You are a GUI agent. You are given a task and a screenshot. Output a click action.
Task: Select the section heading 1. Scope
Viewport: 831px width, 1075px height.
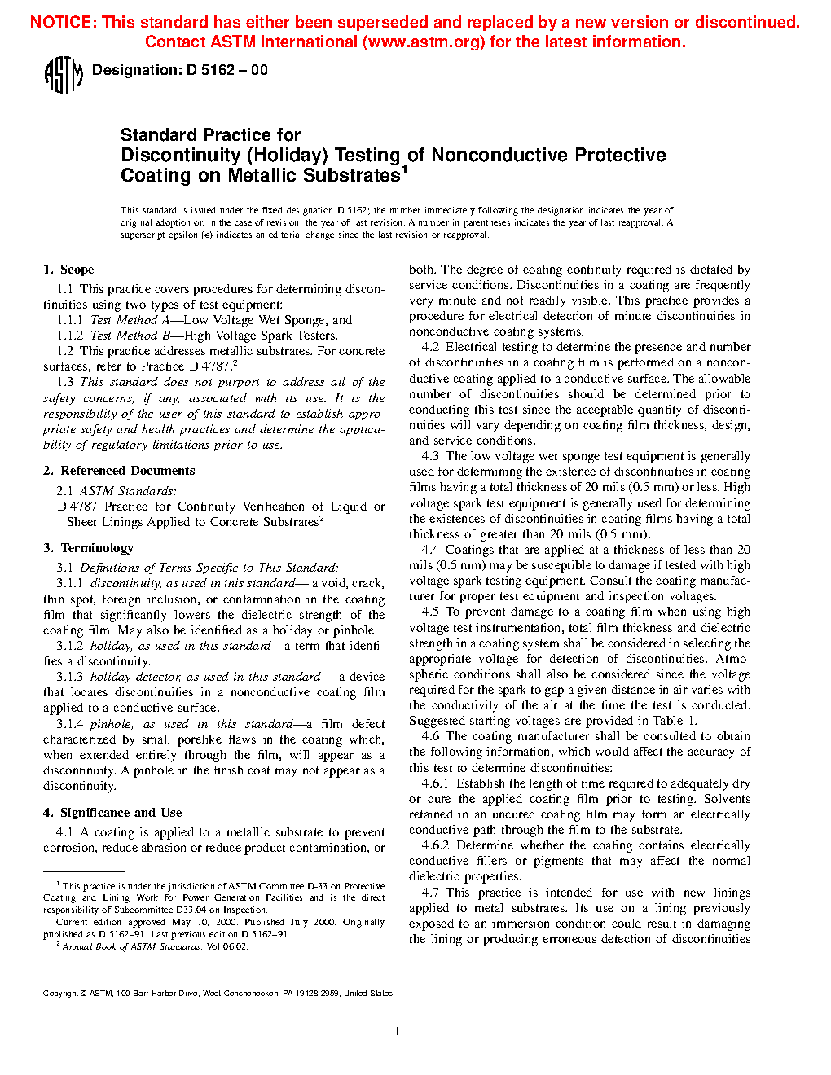pyautogui.click(x=68, y=270)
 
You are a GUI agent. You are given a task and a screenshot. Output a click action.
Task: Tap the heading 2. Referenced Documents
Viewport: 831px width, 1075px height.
pyautogui.click(x=119, y=471)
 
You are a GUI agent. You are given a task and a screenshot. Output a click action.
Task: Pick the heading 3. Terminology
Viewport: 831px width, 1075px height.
pyautogui.click(x=88, y=548)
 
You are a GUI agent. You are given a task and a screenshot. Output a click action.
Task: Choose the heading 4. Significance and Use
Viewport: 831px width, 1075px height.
pyautogui.click(x=112, y=813)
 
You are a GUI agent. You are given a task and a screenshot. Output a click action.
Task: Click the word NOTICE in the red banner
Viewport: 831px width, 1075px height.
pyautogui.click(x=62, y=23)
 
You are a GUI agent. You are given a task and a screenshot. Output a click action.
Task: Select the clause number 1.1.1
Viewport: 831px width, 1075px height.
pyautogui.click(x=69, y=320)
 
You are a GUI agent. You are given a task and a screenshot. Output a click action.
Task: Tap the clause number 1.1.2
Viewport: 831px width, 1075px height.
pyautogui.click(x=69, y=336)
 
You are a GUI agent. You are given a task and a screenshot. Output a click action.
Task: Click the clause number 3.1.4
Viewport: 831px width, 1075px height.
pyautogui.click(x=69, y=724)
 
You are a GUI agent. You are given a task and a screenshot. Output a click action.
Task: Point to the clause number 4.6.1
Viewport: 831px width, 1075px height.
pyautogui.click(x=435, y=783)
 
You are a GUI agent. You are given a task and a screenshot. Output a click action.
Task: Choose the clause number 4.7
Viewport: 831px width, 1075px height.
pyautogui.click(x=430, y=893)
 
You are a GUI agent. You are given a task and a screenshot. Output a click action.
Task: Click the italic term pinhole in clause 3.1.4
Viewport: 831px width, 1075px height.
pyautogui.click(x=110, y=724)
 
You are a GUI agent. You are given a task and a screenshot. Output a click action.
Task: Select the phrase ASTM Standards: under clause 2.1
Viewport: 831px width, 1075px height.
pyautogui.click(x=127, y=491)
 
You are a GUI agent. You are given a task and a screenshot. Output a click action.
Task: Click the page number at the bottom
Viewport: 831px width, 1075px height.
pyautogui.click(x=397, y=1032)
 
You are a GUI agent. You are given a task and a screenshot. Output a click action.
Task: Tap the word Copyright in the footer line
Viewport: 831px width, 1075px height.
pyautogui.click(x=60, y=994)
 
